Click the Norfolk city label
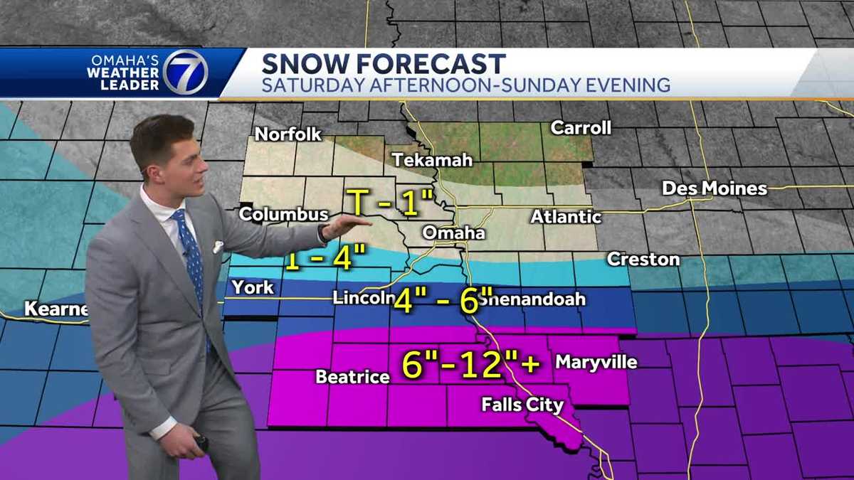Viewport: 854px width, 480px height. (288, 134)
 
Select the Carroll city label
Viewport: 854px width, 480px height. (581, 128)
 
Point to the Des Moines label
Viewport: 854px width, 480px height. (715, 188)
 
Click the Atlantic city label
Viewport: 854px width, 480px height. (566, 216)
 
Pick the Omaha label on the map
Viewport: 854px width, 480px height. (453, 233)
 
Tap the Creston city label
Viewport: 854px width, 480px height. (643, 260)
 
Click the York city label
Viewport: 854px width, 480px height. (253, 287)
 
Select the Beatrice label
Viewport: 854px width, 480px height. (352, 377)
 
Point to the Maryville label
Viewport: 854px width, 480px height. (596, 362)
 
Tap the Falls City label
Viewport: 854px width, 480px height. (522, 405)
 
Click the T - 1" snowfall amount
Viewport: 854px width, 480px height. (388, 203)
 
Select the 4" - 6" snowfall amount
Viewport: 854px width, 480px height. (443, 299)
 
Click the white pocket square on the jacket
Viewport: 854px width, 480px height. (218, 247)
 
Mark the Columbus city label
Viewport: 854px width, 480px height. (283, 214)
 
